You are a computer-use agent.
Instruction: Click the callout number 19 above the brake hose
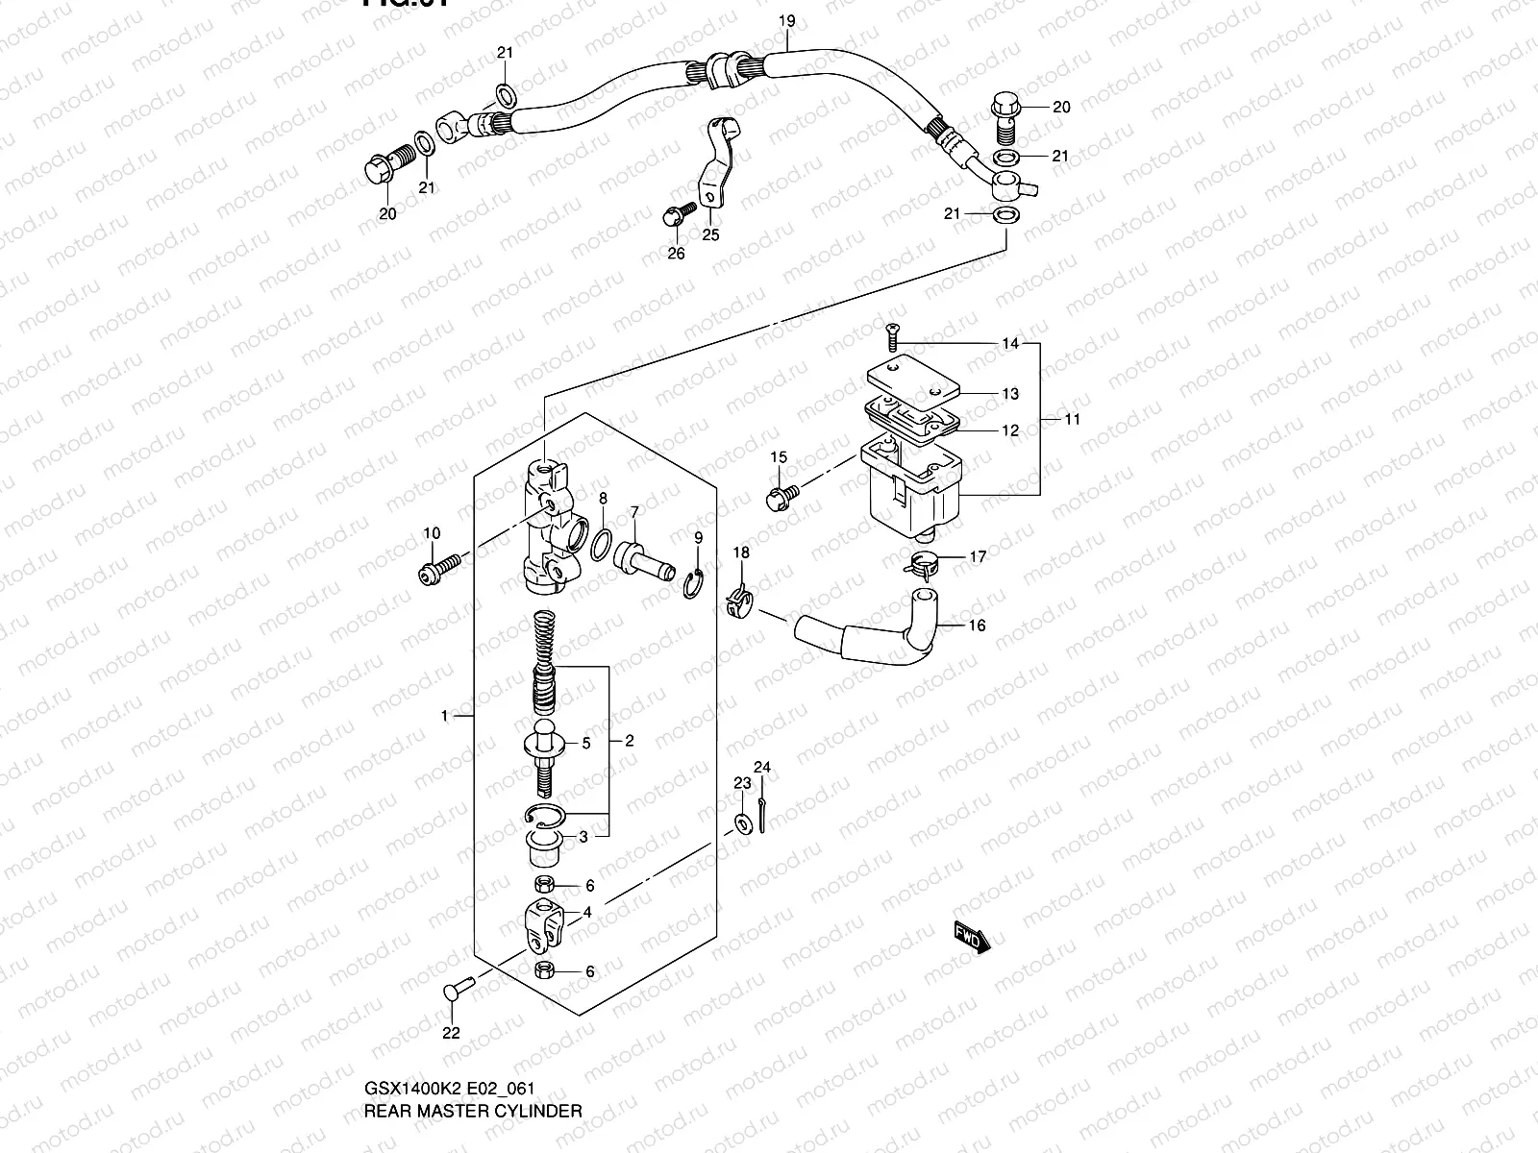tap(787, 20)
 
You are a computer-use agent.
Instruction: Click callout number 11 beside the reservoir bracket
tap(1072, 419)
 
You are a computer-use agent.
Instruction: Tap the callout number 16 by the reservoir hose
tap(977, 626)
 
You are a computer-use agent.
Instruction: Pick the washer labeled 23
tap(743, 822)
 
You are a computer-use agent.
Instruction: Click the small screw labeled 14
tap(891, 337)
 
